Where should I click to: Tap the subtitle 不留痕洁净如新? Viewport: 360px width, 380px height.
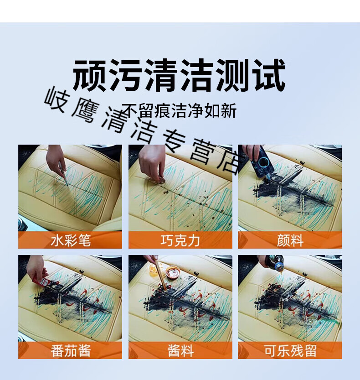point(179,111)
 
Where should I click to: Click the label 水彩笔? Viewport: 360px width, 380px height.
point(71,240)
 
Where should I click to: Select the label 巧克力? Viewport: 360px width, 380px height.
point(180,240)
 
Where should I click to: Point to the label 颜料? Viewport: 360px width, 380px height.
point(290,240)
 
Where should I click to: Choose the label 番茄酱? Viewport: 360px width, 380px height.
point(71,350)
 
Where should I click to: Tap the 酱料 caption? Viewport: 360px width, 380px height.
point(180,350)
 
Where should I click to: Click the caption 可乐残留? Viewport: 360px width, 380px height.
point(290,350)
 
